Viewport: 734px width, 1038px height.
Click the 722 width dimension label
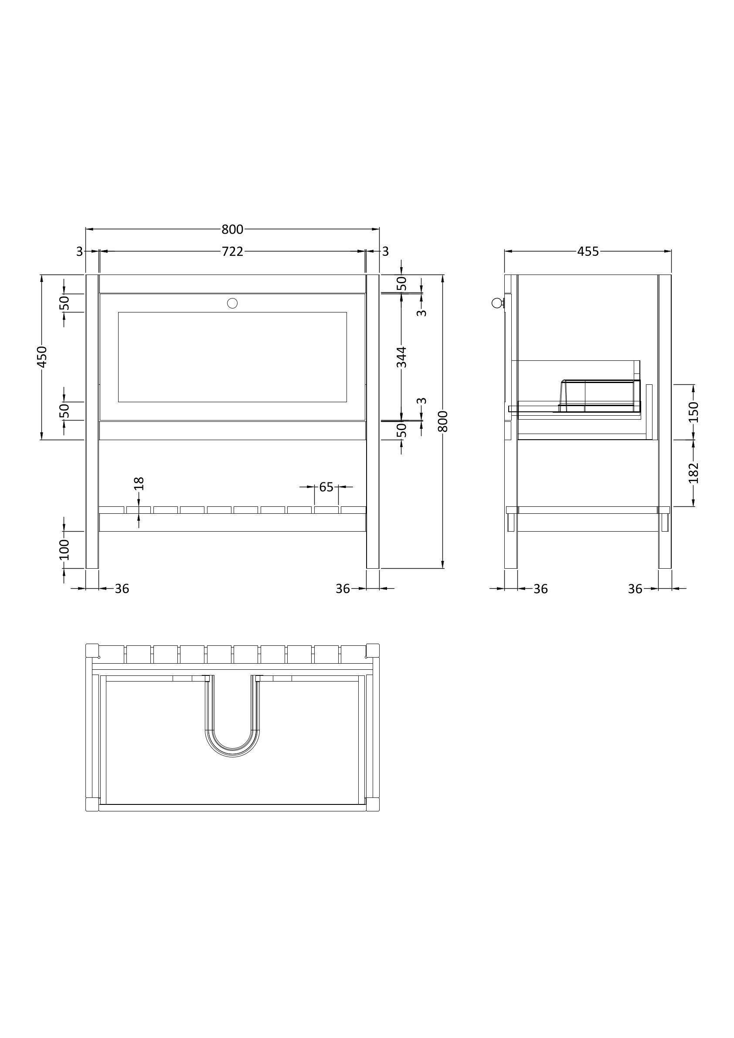point(232,251)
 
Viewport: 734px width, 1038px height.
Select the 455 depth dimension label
point(588,251)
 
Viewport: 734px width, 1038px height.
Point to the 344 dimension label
point(401,357)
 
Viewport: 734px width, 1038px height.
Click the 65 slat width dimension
point(326,487)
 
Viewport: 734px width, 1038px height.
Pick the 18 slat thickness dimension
point(139,484)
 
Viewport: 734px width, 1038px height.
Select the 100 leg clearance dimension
point(64,550)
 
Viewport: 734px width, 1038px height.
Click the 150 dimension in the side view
point(694,412)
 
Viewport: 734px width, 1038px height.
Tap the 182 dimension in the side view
point(694,473)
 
